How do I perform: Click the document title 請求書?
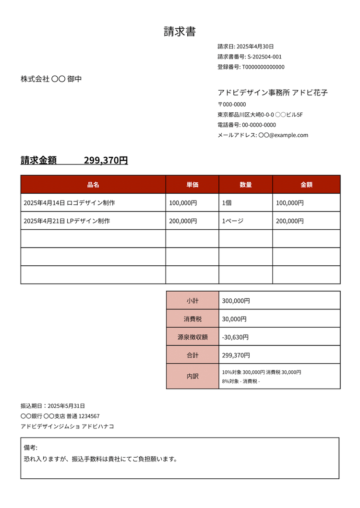click(x=180, y=32)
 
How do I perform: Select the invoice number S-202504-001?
click(x=264, y=57)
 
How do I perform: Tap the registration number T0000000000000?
click(x=263, y=67)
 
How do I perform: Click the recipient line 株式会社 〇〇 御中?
click(x=51, y=79)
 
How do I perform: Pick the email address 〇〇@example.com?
click(x=283, y=135)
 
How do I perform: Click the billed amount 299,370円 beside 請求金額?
click(x=106, y=161)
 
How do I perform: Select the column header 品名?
click(x=93, y=185)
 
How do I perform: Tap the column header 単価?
click(x=192, y=185)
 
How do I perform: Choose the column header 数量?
click(x=246, y=185)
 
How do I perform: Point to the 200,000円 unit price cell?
click(x=183, y=221)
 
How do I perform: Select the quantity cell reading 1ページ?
click(x=233, y=221)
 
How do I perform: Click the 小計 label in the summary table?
click(x=192, y=301)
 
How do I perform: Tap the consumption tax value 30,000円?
click(x=234, y=319)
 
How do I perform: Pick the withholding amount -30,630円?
click(x=236, y=337)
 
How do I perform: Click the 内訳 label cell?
click(x=192, y=377)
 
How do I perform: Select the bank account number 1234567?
click(x=89, y=416)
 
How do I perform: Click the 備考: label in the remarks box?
click(x=30, y=448)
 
